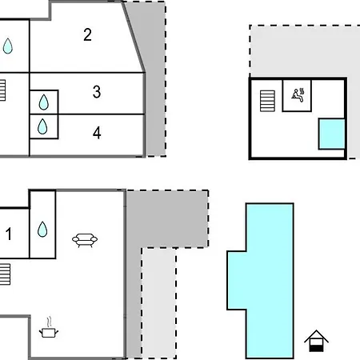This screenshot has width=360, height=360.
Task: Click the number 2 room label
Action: [87, 34]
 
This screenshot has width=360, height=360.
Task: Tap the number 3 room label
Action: [97, 92]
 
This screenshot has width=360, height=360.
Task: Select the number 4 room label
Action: [97, 133]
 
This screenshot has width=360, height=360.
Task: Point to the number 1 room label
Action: [9, 234]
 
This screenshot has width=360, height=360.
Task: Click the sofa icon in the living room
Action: [85, 240]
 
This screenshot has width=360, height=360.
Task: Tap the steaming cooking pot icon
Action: [49, 327]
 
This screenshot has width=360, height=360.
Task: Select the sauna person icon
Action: [298, 95]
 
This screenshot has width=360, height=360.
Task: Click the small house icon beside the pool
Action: [316, 341]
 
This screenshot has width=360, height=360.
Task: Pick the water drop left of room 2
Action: [8, 46]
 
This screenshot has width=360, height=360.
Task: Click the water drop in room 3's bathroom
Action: [44, 102]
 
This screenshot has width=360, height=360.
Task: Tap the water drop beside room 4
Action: [42, 126]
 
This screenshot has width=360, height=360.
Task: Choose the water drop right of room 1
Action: [42, 230]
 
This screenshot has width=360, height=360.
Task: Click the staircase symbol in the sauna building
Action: [267, 101]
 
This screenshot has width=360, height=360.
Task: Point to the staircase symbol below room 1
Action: [5, 274]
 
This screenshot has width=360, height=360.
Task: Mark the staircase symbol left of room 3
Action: [2, 90]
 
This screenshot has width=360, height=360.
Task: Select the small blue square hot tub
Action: [332, 134]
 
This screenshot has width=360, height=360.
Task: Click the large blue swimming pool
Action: [270, 281]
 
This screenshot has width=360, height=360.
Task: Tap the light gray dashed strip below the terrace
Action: [158, 303]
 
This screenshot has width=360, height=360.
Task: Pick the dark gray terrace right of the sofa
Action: [166, 218]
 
